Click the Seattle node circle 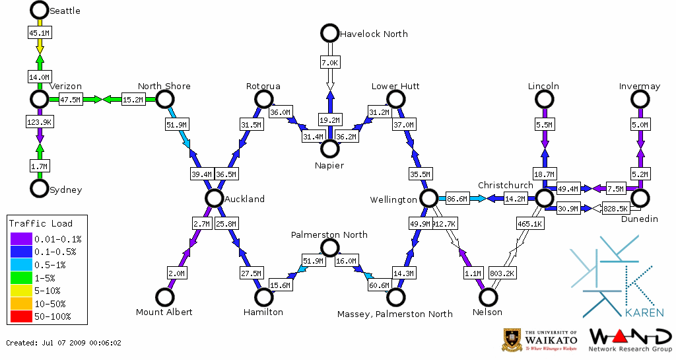(x=40, y=10)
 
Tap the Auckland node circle (x=214, y=198)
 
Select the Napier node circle (x=329, y=149)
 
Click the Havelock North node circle (x=329, y=32)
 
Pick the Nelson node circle (x=487, y=297)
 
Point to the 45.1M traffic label (x=40, y=32)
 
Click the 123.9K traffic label (x=40, y=122)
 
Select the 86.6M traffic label (x=457, y=198)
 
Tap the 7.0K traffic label (x=329, y=63)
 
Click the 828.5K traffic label (x=616, y=209)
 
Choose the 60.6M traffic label (x=379, y=285)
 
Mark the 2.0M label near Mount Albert (x=177, y=273)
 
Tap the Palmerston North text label (x=329, y=234)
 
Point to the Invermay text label (x=639, y=87)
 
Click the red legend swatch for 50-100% (x=20, y=316)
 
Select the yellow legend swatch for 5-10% (x=20, y=291)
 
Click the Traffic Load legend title (x=41, y=223)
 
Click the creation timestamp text (x=64, y=343)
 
